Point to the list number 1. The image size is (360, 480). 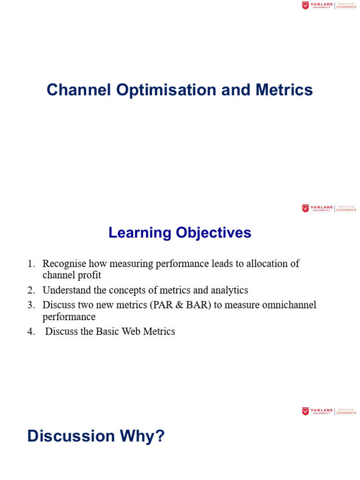(31, 263)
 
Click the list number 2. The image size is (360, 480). (31, 290)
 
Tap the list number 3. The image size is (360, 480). (31, 305)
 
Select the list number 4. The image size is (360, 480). (31, 331)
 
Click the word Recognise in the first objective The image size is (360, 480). (64, 263)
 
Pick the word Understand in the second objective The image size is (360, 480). (67, 290)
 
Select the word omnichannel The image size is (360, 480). (288, 305)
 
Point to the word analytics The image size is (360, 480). (229, 290)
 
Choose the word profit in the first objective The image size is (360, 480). (90, 275)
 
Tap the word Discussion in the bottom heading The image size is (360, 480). (71, 436)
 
